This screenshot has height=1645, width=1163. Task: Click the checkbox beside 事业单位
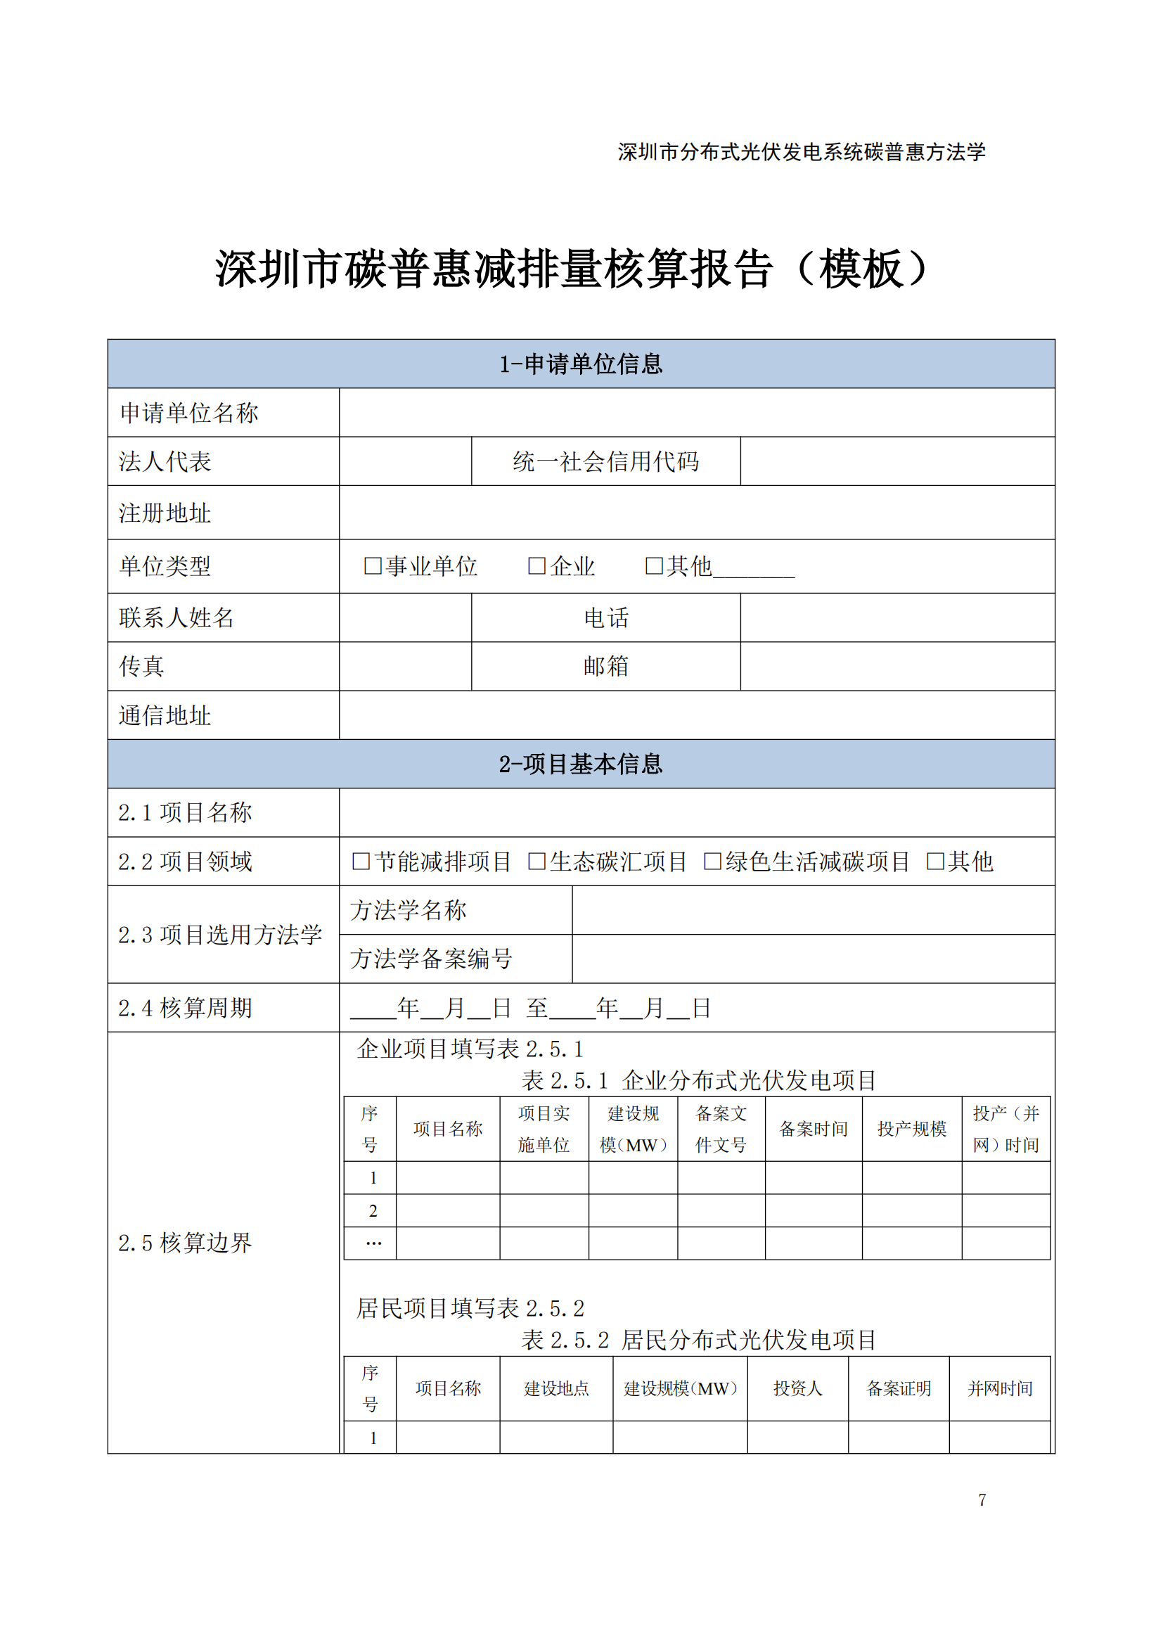click(x=373, y=566)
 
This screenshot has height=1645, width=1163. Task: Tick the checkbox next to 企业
click(x=536, y=566)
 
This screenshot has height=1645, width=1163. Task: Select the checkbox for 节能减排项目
click(x=361, y=862)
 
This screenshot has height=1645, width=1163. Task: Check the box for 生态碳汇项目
click(x=536, y=862)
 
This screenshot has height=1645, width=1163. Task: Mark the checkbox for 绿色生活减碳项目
click(x=712, y=862)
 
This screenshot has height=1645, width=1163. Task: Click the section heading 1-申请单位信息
click(x=581, y=364)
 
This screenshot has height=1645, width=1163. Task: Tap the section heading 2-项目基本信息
click(x=581, y=764)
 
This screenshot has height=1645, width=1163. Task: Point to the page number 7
click(x=982, y=1499)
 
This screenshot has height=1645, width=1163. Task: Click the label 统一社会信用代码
click(x=606, y=461)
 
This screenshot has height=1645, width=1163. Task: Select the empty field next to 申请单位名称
click(x=696, y=413)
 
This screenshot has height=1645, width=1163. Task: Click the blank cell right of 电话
click(x=897, y=617)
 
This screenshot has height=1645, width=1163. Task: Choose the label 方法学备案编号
click(x=431, y=959)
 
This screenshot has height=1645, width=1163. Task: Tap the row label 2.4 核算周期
click(x=186, y=1008)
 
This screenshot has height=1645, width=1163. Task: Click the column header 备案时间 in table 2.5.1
click(x=813, y=1129)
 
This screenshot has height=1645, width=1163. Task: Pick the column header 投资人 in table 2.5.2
click(x=798, y=1388)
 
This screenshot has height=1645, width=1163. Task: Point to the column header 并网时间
click(x=1000, y=1388)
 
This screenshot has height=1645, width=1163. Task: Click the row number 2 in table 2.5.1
click(x=373, y=1211)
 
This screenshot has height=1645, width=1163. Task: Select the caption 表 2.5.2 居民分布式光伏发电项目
click(x=698, y=1340)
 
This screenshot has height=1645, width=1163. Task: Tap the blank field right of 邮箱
click(x=897, y=666)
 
